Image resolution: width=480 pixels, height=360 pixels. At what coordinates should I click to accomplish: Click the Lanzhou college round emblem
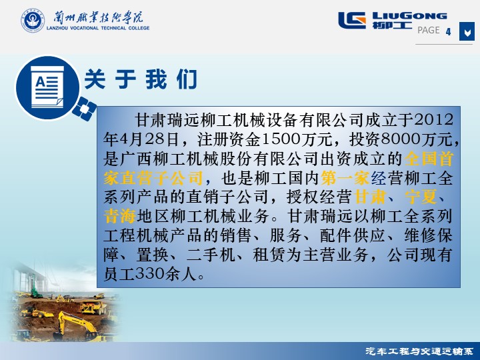coord(33,20)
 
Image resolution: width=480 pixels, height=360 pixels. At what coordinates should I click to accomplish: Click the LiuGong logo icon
coord(352,20)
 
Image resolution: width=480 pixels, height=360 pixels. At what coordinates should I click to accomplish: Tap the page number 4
coord(449,31)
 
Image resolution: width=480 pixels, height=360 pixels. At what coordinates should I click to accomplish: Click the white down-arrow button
coord(467,31)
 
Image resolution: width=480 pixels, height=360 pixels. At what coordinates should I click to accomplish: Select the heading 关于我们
coord(141,79)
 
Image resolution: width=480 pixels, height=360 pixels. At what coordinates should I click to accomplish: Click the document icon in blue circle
coord(47,87)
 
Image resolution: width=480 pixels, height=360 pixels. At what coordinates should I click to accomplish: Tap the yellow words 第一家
coord(345,178)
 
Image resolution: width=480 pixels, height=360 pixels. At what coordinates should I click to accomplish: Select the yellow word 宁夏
coord(421,197)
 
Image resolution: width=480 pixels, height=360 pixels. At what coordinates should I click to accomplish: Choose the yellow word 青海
coord(120,217)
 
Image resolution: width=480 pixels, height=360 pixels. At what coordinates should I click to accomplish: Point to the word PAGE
coord(429,30)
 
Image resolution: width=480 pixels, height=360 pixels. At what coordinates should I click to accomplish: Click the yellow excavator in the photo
coord(77,325)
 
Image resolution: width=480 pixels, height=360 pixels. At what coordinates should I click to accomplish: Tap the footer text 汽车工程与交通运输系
coord(419,351)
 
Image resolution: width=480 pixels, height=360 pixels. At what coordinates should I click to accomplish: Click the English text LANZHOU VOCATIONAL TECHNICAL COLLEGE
coord(98,28)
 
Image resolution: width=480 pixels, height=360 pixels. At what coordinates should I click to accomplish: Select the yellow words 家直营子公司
coord(153,178)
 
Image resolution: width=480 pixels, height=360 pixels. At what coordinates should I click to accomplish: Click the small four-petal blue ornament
coord(85,109)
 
